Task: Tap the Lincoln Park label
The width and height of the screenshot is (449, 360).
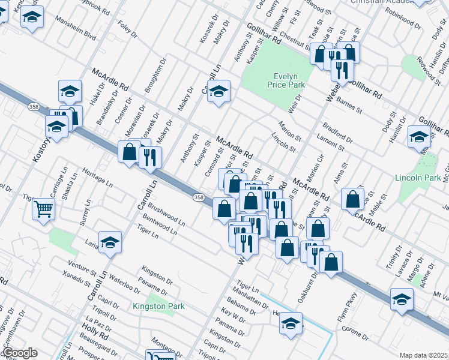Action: (x=418, y=178)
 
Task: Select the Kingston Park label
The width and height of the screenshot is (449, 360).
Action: (x=158, y=306)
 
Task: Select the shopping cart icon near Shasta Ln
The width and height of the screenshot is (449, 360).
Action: (x=44, y=209)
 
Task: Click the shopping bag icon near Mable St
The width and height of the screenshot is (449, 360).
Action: (x=354, y=199)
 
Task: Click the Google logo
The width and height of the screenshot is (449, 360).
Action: (x=19, y=352)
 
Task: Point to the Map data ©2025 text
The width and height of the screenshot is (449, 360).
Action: (x=423, y=355)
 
